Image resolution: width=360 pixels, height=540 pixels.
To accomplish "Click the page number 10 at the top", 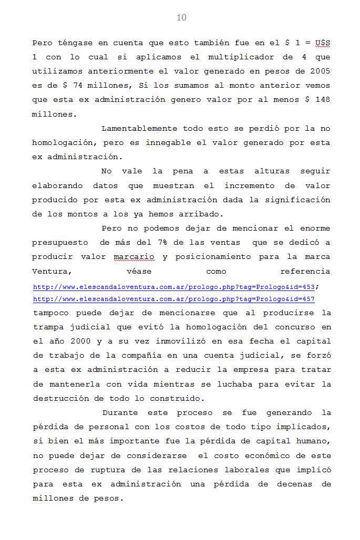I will [x=181, y=18].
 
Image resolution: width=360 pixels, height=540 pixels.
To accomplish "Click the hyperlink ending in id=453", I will [x=174, y=287].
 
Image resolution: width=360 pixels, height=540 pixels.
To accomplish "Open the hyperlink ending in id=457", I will [x=174, y=299].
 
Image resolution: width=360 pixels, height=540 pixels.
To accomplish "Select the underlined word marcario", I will [x=134, y=257].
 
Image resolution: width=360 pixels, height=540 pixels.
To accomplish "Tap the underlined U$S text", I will [x=323, y=43].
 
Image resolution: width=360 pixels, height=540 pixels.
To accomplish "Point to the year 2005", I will [x=320, y=71].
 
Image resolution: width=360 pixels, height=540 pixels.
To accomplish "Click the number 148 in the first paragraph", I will [x=323, y=99].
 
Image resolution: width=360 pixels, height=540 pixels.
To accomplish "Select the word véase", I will [x=139, y=271].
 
